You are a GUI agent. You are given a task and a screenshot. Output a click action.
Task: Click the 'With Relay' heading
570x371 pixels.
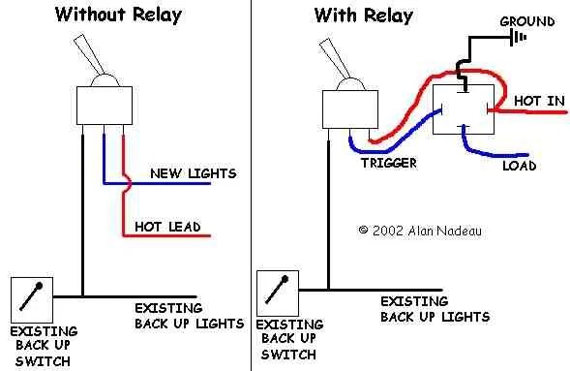point(364,15)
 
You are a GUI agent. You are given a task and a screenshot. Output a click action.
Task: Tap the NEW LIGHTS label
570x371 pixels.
point(193,173)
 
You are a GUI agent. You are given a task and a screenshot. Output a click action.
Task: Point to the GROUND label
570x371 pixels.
point(526,21)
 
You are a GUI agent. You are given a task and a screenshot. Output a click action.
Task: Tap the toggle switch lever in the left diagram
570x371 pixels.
point(96,57)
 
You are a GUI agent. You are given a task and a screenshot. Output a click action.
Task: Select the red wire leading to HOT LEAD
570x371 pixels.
point(165,235)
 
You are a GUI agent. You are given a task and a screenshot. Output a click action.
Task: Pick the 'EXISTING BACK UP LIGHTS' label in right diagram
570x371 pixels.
point(435,309)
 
